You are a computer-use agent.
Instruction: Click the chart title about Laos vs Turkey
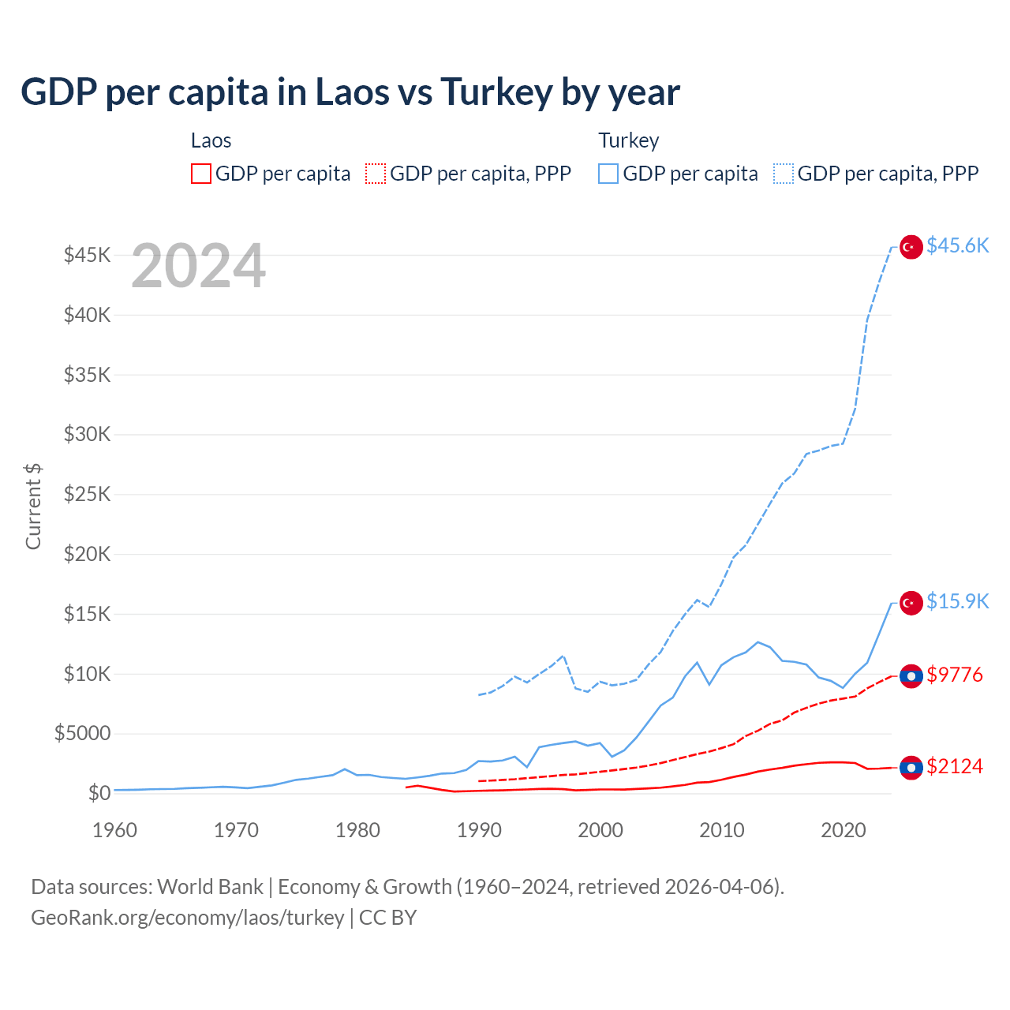(350, 92)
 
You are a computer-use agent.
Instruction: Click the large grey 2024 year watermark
(198, 266)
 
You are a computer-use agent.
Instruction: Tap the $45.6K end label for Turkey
(957, 245)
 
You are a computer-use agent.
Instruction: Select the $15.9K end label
(957, 601)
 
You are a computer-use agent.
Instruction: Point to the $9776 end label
(955, 675)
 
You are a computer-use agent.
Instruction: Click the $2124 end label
(955, 766)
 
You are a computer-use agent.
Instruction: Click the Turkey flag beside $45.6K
(911, 247)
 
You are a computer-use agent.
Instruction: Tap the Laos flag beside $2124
(911, 768)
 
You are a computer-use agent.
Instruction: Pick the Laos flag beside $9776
(911, 676)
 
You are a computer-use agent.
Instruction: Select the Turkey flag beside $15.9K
(911, 603)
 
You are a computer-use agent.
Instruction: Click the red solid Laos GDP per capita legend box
(201, 174)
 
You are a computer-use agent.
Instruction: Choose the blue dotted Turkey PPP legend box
(784, 174)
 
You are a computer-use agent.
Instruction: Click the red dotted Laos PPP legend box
(376, 174)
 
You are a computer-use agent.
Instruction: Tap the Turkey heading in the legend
(628, 140)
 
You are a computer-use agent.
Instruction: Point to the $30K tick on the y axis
(88, 434)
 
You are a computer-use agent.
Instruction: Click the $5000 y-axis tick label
(82, 733)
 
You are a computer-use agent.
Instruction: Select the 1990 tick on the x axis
(479, 830)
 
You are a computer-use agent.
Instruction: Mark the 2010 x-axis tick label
(722, 830)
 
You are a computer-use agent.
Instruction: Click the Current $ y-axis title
(33, 506)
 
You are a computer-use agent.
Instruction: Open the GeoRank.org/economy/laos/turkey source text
(187, 918)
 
